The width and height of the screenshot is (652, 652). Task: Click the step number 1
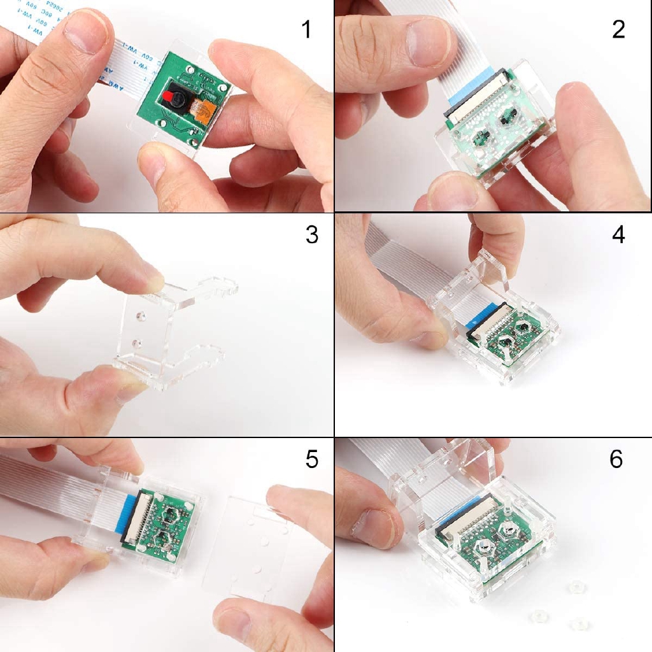click(306, 29)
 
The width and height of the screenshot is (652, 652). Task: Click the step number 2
click(618, 29)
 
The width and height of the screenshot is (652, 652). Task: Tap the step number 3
click(311, 235)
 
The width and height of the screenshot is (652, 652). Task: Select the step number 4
click(618, 235)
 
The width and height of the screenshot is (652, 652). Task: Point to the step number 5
click(311, 459)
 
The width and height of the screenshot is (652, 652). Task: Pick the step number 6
click(616, 459)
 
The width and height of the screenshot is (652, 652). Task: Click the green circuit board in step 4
click(509, 344)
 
